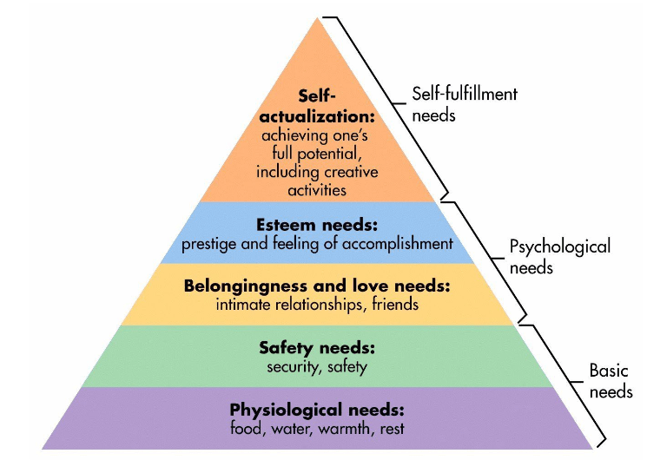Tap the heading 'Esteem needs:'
tap(317, 225)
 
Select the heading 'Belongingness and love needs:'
tap(317, 286)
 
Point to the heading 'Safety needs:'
tap(317, 348)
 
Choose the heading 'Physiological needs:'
tap(317, 410)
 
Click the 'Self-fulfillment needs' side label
tap(465, 103)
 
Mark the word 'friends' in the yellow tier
tap(394, 305)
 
